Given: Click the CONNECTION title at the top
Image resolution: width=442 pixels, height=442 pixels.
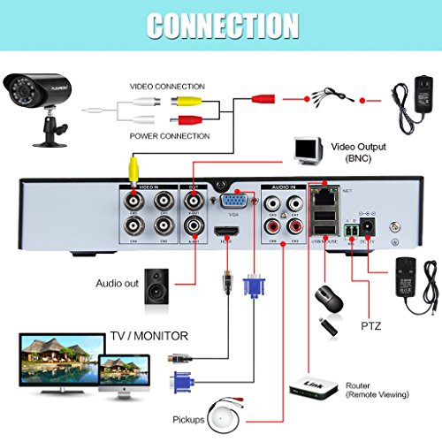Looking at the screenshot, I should pos(221,26).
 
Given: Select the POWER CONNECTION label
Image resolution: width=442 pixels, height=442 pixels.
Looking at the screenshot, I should pos(169,136).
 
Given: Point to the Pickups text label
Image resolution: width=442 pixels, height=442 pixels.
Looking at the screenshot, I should pos(184,418).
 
